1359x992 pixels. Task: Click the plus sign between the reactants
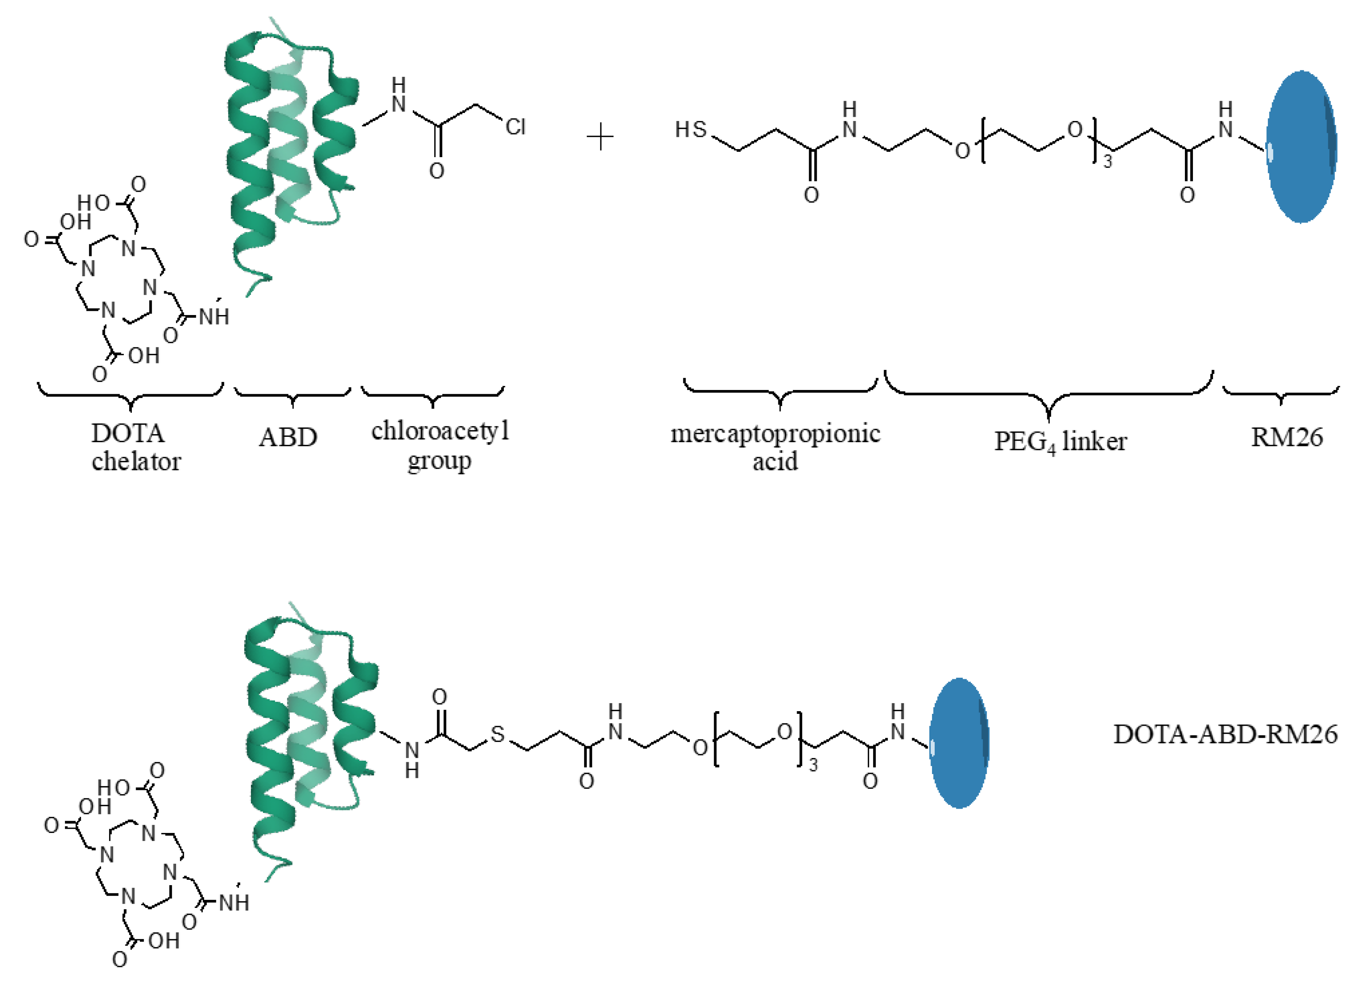tap(600, 138)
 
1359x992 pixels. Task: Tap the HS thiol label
tap(691, 129)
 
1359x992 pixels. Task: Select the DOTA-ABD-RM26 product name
tap(1225, 734)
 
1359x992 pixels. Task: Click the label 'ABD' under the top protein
tap(288, 437)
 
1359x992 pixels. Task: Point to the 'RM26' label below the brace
tap(1286, 437)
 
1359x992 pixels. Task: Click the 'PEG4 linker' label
tap(1060, 442)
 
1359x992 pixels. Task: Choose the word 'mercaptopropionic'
tap(775, 433)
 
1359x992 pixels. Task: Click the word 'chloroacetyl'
tap(440, 431)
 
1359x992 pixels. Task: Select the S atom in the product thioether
tap(497, 734)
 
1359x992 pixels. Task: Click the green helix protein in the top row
tap(288, 150)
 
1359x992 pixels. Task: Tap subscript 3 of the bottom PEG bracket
tap(813, 765)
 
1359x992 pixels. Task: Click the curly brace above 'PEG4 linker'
tap(1048, 396)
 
